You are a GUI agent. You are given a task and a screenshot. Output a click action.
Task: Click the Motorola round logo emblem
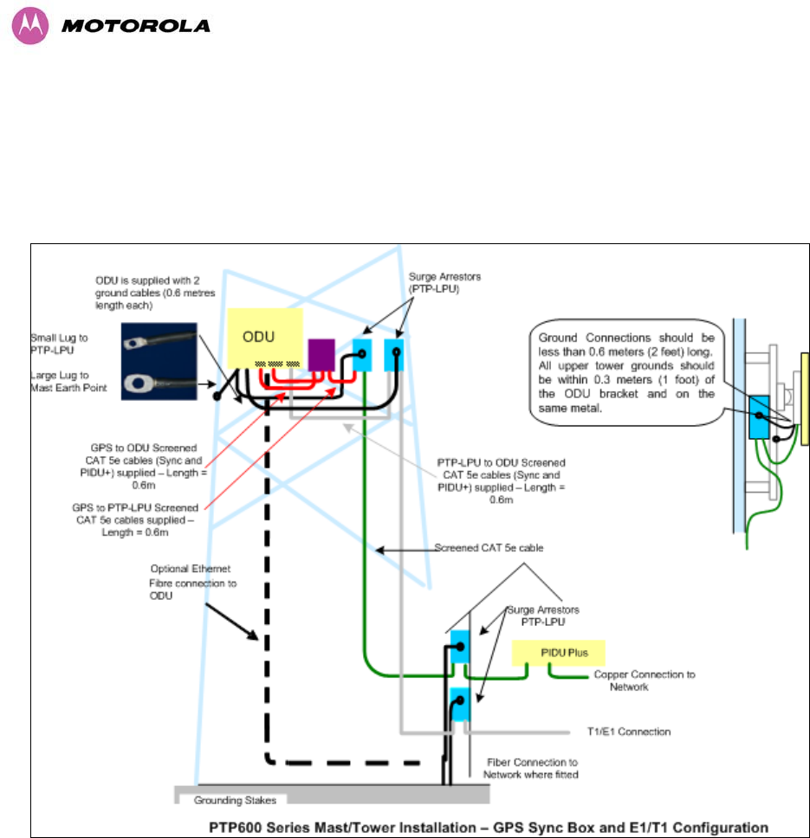click(29, 26)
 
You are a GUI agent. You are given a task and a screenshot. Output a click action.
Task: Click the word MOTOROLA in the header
click(136, 26)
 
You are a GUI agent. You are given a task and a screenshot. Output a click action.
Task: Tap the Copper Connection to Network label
click(644, 680)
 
